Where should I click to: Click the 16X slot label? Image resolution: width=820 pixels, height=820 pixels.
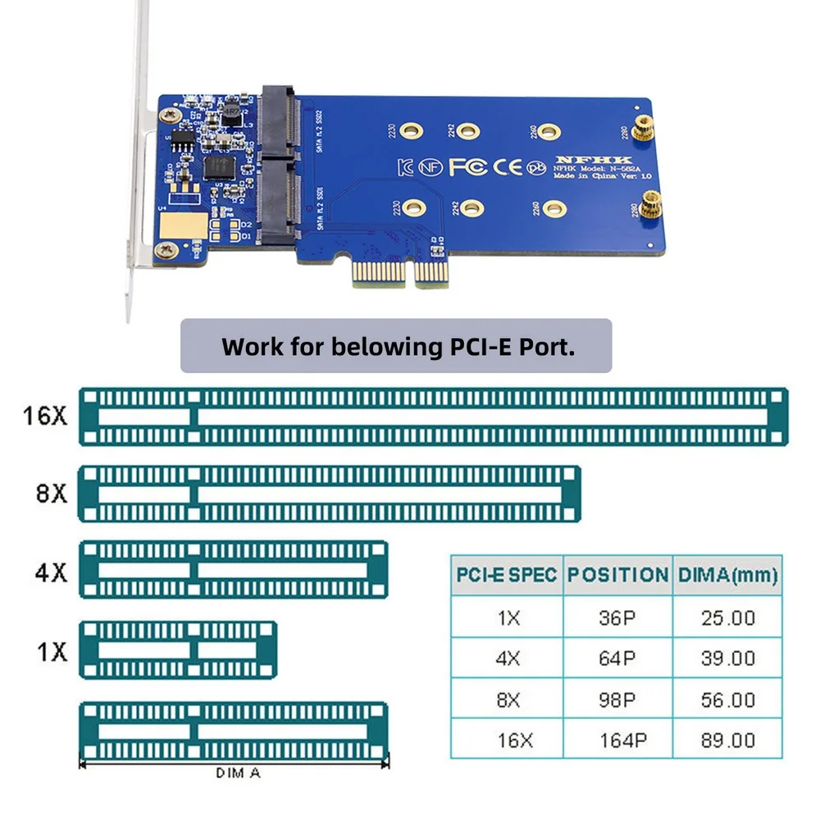[45, 415]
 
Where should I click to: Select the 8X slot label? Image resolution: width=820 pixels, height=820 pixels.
[52, 495]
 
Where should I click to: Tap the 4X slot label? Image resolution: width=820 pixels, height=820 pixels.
[51, 571]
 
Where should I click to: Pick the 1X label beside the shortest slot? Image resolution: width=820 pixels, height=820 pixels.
[51, 652]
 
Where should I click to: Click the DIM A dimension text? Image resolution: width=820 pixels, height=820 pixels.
[239, 772]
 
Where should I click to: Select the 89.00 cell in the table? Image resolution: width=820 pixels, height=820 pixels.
[727, 740]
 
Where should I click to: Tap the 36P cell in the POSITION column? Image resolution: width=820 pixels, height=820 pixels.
[617, 617]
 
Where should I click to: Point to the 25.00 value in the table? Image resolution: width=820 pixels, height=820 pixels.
[727, 617]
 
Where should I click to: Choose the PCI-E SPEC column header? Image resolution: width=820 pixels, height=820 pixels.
[506, 575]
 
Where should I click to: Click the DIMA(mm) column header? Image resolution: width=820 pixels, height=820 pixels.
[727, 575]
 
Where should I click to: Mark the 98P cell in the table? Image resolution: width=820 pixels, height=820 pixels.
[617, 699]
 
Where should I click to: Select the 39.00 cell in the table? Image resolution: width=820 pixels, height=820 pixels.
[727, 658]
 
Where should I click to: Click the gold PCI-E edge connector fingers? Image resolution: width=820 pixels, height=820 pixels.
[400, 272]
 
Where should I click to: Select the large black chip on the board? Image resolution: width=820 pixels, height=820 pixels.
[217, 167]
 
